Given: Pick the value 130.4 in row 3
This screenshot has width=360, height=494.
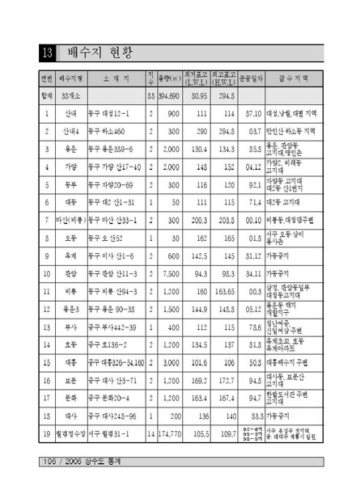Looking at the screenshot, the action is pos(197,149).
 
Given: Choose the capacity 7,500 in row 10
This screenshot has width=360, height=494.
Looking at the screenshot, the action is pos(172,272).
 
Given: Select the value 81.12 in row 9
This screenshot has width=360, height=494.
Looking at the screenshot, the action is pos(252,255).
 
